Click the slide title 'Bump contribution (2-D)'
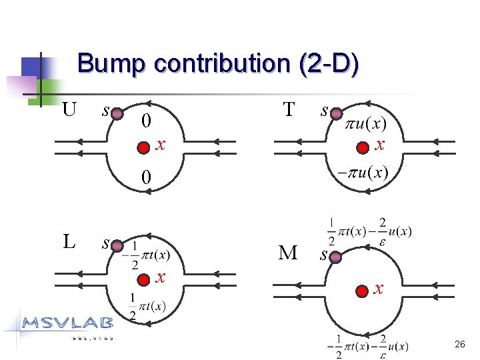tap(218, 64)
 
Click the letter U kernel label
tap(69, 108)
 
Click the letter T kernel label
tap(289, 109)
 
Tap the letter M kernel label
tap(288, 253)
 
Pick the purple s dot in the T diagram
tap(336, 114)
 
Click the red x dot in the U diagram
tap(143, 147)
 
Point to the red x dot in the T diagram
tap(362, 147)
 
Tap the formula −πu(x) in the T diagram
tap(363, 172)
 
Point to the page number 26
tap(459, 345)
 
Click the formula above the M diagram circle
tap(369, 231)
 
